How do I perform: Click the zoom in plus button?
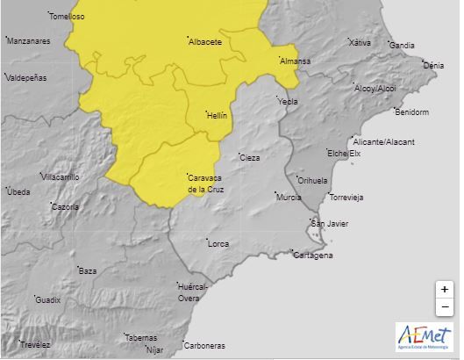point(445,289)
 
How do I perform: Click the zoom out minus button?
point(445,306)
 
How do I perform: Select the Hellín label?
point(216,115)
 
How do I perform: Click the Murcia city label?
point(289,197)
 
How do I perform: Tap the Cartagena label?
point(314,256)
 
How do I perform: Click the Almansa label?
point(295,61)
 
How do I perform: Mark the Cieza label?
point(250,158)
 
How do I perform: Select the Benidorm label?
point(411,112)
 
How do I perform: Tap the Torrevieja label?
point(345,197)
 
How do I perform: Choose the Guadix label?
point(47,299)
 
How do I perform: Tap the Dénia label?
point(433,65)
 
